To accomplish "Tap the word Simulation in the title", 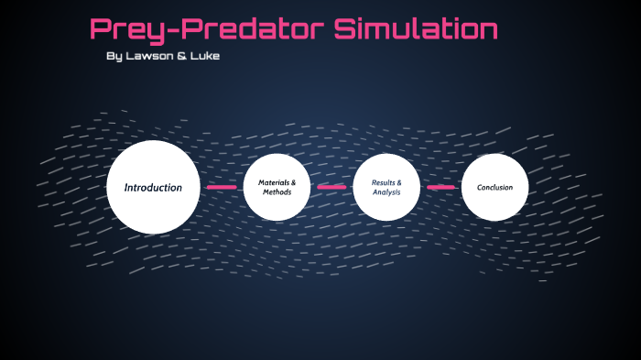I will click(x=416, y=29).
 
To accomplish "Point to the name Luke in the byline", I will click(x=204, y=57).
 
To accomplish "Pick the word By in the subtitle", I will click(x=114, y=57).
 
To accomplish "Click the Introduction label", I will click(x=153, y=187).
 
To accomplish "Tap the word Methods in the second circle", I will click(x=277, y=192).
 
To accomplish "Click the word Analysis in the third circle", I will click(x=386, y=192).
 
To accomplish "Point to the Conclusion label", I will click(x=494, y=187).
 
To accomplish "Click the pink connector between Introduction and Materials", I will click(x=222, y=187).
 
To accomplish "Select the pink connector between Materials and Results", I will click(x=331, y=187).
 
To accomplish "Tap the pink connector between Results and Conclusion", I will click(x=440, y=187).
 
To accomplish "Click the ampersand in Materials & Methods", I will click(x=293, y=182).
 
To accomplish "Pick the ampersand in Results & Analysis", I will click(x=398, y=182).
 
